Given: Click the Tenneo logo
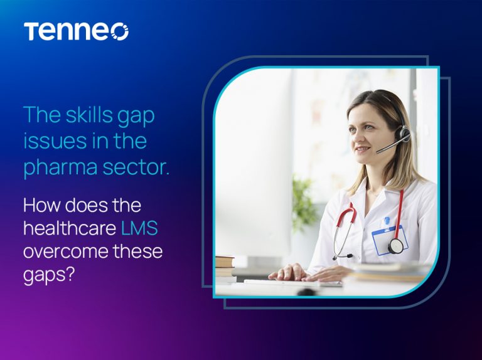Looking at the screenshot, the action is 76,31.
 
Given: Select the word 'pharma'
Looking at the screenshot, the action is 60,167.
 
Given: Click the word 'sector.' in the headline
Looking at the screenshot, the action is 136,167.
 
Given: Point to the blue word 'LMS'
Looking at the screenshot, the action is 139,228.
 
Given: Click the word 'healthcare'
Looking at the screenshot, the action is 70,228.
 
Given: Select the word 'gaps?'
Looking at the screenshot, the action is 49,275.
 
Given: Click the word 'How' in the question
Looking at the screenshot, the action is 41,205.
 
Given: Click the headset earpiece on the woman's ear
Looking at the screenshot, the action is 403,135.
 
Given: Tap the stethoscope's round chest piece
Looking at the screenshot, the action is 395,246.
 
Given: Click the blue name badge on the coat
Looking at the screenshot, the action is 389,240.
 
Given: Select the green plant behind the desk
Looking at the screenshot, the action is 304,203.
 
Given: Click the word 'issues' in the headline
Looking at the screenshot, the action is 54,141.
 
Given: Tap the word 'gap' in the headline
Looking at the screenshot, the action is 136,117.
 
